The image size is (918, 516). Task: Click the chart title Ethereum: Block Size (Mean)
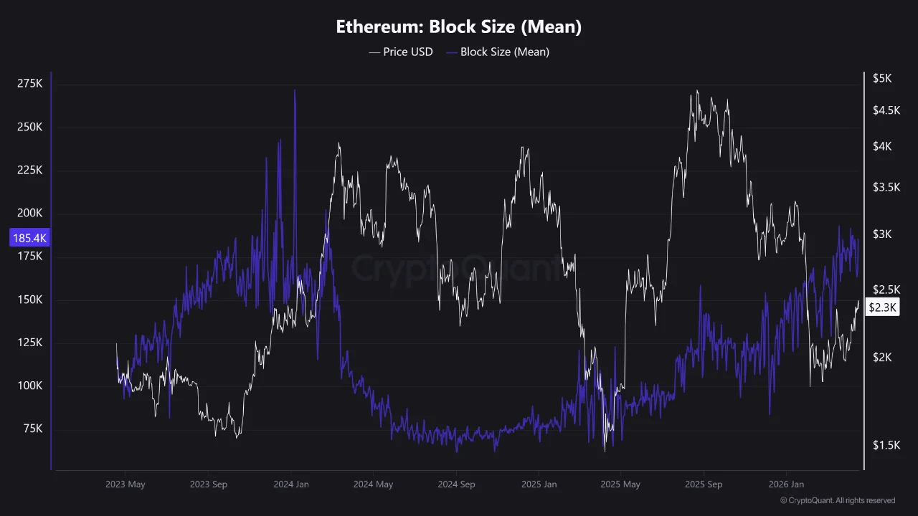click(458, 27)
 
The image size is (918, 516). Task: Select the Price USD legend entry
click(401, 52)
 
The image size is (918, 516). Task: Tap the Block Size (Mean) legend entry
click(497, 52)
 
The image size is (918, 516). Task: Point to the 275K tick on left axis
click(30, 84)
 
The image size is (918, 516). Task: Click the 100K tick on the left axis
click(30, 386)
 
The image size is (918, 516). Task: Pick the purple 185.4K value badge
click(29, 237)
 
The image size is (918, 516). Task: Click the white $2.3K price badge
click(881, 307)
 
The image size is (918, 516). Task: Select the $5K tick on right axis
click(881, 79)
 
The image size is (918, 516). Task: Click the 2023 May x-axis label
click(125, 484)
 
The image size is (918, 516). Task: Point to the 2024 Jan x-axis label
click(291, 484)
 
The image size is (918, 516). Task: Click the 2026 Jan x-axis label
click(786, 484)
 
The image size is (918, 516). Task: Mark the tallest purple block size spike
click(295, 92)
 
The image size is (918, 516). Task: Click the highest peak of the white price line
click(696, 92)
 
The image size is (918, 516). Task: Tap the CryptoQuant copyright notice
click(837, 500)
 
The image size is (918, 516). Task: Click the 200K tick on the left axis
click(30, 214)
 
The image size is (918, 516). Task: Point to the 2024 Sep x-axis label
click(456, 484)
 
